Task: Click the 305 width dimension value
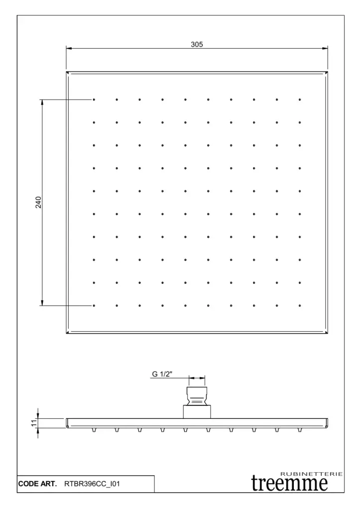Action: click(197, 44)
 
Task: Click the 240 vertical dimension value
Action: click(38, 202)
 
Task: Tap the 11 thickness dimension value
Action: click(33, 423)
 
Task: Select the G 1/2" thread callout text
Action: click(162, 374)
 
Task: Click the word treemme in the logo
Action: click(289, 483)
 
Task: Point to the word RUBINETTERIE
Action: click(311, 474)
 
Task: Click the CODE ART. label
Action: click(37, 484)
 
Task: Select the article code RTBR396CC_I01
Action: click(92, 484)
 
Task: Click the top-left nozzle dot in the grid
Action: click(94, 100)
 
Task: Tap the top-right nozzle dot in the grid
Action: click(300, 100)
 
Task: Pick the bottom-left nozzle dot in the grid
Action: click(94, 305)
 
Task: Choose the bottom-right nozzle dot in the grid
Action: click(300, 305)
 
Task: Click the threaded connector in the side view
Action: click(197, 396)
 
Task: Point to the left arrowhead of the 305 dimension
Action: click(69, 49)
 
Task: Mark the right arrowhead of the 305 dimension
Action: click(325, 49)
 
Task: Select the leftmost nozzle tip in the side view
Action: click(94, 430)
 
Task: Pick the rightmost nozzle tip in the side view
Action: click(300, 430)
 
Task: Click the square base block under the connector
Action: click(197, 412)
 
